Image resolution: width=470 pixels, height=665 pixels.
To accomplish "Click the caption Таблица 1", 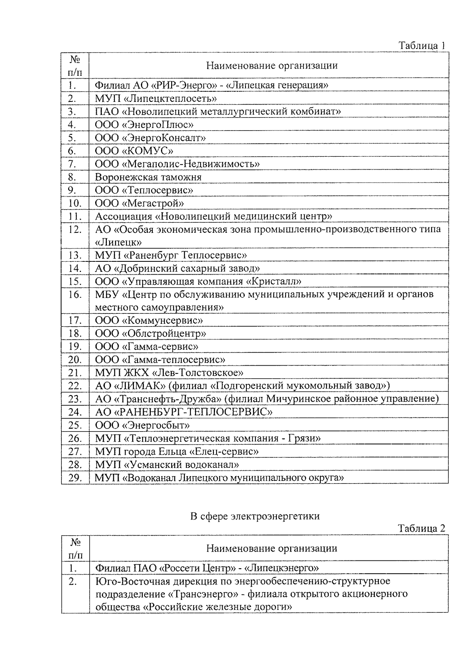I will pyautogui.click(x=422, y=45).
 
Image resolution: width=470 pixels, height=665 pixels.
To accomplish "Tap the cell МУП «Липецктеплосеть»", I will pyautogui.click(x=156, y=98).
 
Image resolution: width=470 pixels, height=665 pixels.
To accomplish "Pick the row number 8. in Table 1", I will pyautogui.click(x=72, y=177).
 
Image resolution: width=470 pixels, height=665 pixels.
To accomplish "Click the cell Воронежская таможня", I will pyautogui.click(x=148, y=177).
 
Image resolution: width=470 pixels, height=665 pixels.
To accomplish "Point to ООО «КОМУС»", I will pyautogui.click(x=134, y=151).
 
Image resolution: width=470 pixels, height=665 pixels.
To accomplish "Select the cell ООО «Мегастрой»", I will pyautogui.click(x=139, y=203).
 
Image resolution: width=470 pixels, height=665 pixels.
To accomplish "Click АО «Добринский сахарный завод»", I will pyautogui.click(x=177, y=268).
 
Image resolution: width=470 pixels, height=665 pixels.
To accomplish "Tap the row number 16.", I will pyautogui.click(x=74, y=295).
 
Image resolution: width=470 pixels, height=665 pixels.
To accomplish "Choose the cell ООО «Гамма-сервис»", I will pyautogui.click(x=146, y=347).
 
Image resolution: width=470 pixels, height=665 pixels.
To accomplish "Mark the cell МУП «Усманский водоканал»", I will pyautogui.click(x=167, y=465).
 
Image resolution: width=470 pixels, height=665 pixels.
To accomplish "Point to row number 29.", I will pyautogui.click(x=74, y=478).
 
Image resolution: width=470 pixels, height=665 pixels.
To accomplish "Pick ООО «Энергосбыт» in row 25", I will pyautogui.click(x=143, y=425).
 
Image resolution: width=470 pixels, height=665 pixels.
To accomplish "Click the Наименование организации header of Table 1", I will pyautogui.click(x=272, y=65).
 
